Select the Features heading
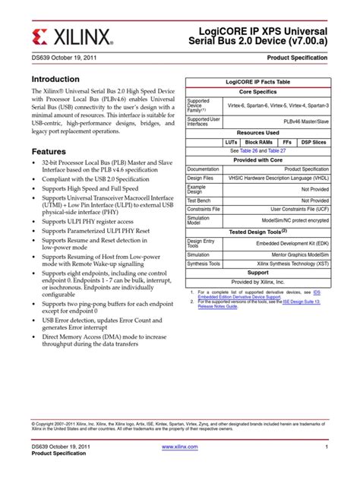pyautogui.click(x=50, y=151)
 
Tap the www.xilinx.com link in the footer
pyautogui.click(x=180, y=447)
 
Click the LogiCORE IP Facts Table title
pyautogui.click(x=258, y=81)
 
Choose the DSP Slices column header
pyautogui.click(x=314, y=142)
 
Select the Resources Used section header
pyautogui.click(x=258, y=133)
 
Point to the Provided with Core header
pyautogui.click(x=258, y=160)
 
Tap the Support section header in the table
pyautogui.click(x=258, y=273)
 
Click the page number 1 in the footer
pyautogui.click(x=324, y=447)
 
